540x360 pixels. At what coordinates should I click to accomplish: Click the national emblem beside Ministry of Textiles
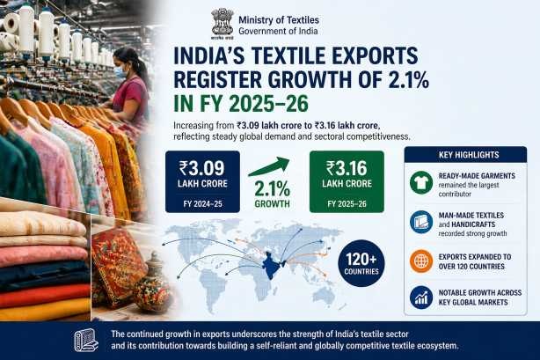(223, 22)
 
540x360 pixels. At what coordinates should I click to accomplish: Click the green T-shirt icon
(420, 182)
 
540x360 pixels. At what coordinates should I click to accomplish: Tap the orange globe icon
(420, 261)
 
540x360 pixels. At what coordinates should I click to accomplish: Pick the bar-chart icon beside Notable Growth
(420, 298)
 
